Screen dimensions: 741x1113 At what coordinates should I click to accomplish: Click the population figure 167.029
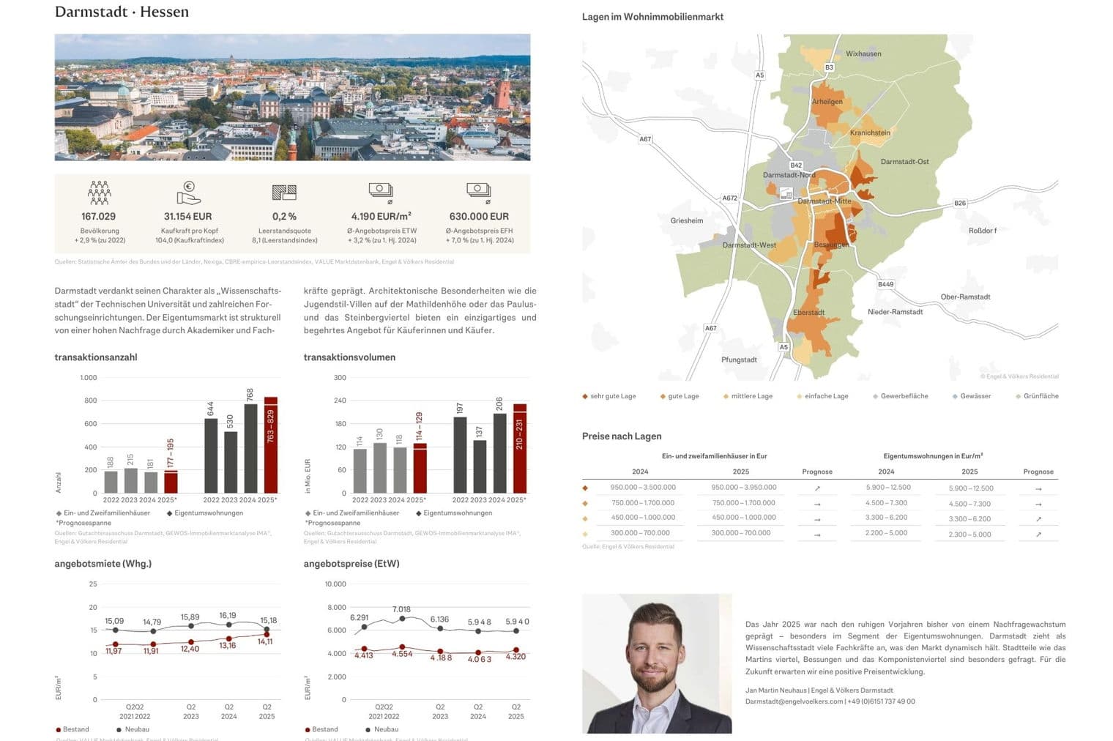click(98, 217)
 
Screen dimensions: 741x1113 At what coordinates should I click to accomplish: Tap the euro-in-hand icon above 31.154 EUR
click(188, 193)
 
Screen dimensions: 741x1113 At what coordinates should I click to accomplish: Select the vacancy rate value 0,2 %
click(284, 217)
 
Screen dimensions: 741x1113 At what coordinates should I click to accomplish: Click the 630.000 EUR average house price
click(479, 217)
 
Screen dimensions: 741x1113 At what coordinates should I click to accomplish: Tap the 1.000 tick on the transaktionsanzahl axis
click(89, 378)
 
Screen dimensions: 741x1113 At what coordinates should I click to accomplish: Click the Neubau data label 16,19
click(228, 616)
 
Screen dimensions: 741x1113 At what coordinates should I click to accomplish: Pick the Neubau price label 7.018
click(401, 609)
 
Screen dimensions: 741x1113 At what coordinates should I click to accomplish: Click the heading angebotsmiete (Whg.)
click(103, 564)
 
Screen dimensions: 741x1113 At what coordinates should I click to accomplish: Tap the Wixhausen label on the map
click(863, 54)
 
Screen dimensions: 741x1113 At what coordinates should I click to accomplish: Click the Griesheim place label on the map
click(687, 220)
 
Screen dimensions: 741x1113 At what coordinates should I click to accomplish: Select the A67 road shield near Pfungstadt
click(710, 328)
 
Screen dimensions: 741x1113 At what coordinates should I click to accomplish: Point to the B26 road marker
click(960, 203)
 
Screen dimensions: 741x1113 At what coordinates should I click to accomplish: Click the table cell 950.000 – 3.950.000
click(743, 488)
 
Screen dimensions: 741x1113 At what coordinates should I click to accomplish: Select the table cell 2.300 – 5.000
click(969, 535)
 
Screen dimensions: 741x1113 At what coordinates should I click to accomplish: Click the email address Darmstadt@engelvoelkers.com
click(794, 701)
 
